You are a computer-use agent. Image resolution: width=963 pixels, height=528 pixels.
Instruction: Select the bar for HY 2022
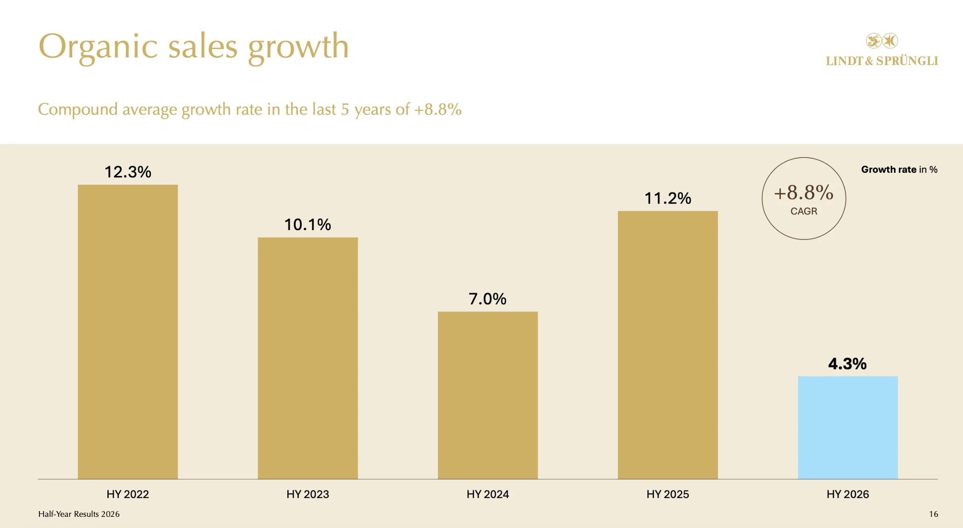[x=128, y=332]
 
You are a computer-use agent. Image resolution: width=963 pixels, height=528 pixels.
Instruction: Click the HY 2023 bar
[x=308, y=358]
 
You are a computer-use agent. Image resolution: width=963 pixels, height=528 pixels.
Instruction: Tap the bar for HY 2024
[x=488, y=395]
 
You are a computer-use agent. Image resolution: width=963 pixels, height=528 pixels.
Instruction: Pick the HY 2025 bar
[x=668, y=345]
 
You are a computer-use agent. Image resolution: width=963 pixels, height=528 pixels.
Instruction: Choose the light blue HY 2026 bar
[x=848, y=427]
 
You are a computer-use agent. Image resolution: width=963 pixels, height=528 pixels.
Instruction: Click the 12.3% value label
[x=128, y=172]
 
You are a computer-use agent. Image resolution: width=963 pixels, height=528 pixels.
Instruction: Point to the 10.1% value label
[x=308, y=225]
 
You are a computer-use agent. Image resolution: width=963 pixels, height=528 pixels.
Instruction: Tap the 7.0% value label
[x=488, y=299]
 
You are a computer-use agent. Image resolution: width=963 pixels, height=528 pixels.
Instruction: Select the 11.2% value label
[x=668, y=198]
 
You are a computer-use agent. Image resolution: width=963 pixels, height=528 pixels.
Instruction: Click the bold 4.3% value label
[x=847, y=364]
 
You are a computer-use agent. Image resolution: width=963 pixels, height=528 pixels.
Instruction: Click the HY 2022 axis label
[x=128, y=494]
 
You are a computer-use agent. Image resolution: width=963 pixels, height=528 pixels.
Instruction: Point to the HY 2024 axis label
[x=488, y=494]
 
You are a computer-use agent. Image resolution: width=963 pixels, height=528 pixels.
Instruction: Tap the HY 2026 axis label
[x=848, y=494]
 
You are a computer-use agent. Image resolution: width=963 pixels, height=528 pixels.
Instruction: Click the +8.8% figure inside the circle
[x=804, y=192]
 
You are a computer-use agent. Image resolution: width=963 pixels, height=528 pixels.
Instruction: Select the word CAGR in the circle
[x=804, y=211]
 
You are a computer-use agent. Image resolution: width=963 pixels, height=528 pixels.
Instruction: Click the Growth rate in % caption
[x=899, y=170]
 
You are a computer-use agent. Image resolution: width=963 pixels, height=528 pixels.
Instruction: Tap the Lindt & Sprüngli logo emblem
[x=882, y=41]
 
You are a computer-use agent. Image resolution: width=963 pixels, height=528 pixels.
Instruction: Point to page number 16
[x=933, y=514]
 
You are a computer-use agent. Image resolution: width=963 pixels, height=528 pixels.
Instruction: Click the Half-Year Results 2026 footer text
[x=79, y=514]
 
